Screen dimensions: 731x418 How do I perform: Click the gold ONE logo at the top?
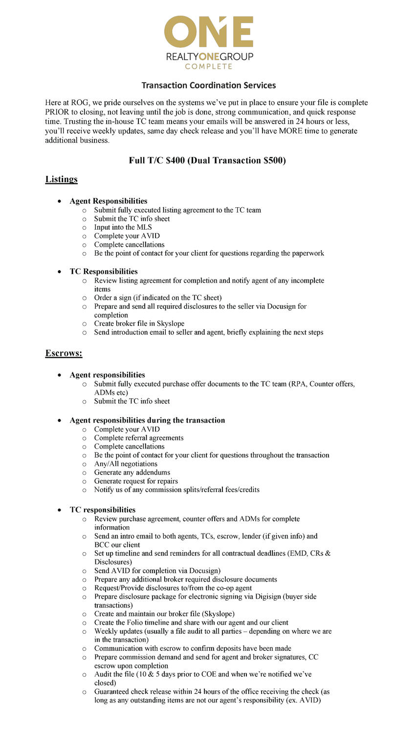coord(208,32)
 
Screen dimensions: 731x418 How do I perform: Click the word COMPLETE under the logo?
coord(208,66)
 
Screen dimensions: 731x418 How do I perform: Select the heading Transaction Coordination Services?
coord(209,86)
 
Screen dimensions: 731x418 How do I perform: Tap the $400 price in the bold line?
coord(175,161)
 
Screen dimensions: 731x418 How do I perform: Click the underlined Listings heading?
coord(62,179)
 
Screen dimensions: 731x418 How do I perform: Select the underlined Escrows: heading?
coord(64,353)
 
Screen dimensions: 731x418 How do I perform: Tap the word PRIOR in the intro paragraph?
coord(57,112)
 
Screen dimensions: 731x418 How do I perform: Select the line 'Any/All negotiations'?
coord(126,464)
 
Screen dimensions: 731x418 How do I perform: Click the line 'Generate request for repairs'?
coord(136,481)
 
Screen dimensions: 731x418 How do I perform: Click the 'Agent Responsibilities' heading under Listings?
coord(108,201)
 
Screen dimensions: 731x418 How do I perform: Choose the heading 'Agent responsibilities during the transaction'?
coord(147,420)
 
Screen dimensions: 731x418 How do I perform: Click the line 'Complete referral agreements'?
coord(139,438)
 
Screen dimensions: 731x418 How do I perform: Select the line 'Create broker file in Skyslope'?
coord(139,323)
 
